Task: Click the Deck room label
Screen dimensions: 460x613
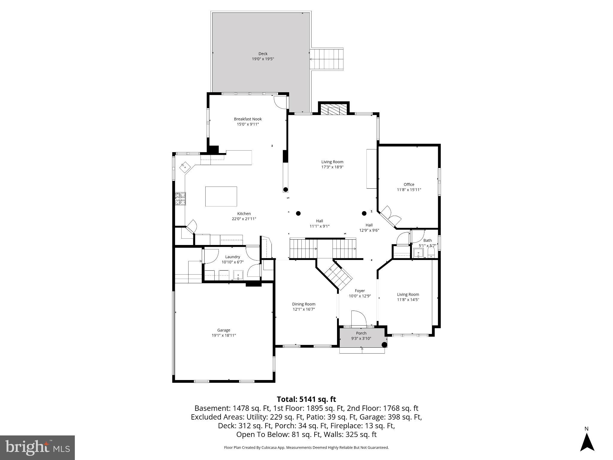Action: [263, 54]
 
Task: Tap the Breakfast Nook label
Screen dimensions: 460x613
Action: [248, 119]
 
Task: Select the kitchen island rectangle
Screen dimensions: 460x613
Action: [221, 196]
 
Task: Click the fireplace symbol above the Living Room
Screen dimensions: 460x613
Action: [333, 110]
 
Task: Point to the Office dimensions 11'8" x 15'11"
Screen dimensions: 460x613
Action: [409, 190]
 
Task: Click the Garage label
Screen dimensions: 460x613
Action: [224, 330]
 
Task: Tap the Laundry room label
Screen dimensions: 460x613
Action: [233, 257]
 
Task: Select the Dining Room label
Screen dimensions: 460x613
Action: [304, 304]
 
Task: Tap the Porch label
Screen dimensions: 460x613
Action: [361, 333]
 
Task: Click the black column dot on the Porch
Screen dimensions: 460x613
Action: [384, 345]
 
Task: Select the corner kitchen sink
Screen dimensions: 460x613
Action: [184, 166]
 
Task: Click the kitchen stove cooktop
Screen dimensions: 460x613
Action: [180, 199]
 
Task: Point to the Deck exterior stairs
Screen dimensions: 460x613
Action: [326, 59]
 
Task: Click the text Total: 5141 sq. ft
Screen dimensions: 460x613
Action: [306, 399]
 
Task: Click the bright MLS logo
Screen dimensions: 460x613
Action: [37, 447]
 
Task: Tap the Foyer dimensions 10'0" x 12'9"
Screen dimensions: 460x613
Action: [359, 296]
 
